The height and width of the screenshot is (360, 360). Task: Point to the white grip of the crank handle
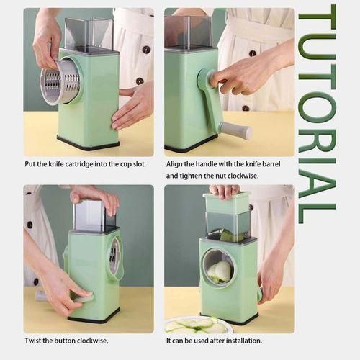(235, 130)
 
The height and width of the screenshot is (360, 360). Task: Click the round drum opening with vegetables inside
(218, 269)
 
